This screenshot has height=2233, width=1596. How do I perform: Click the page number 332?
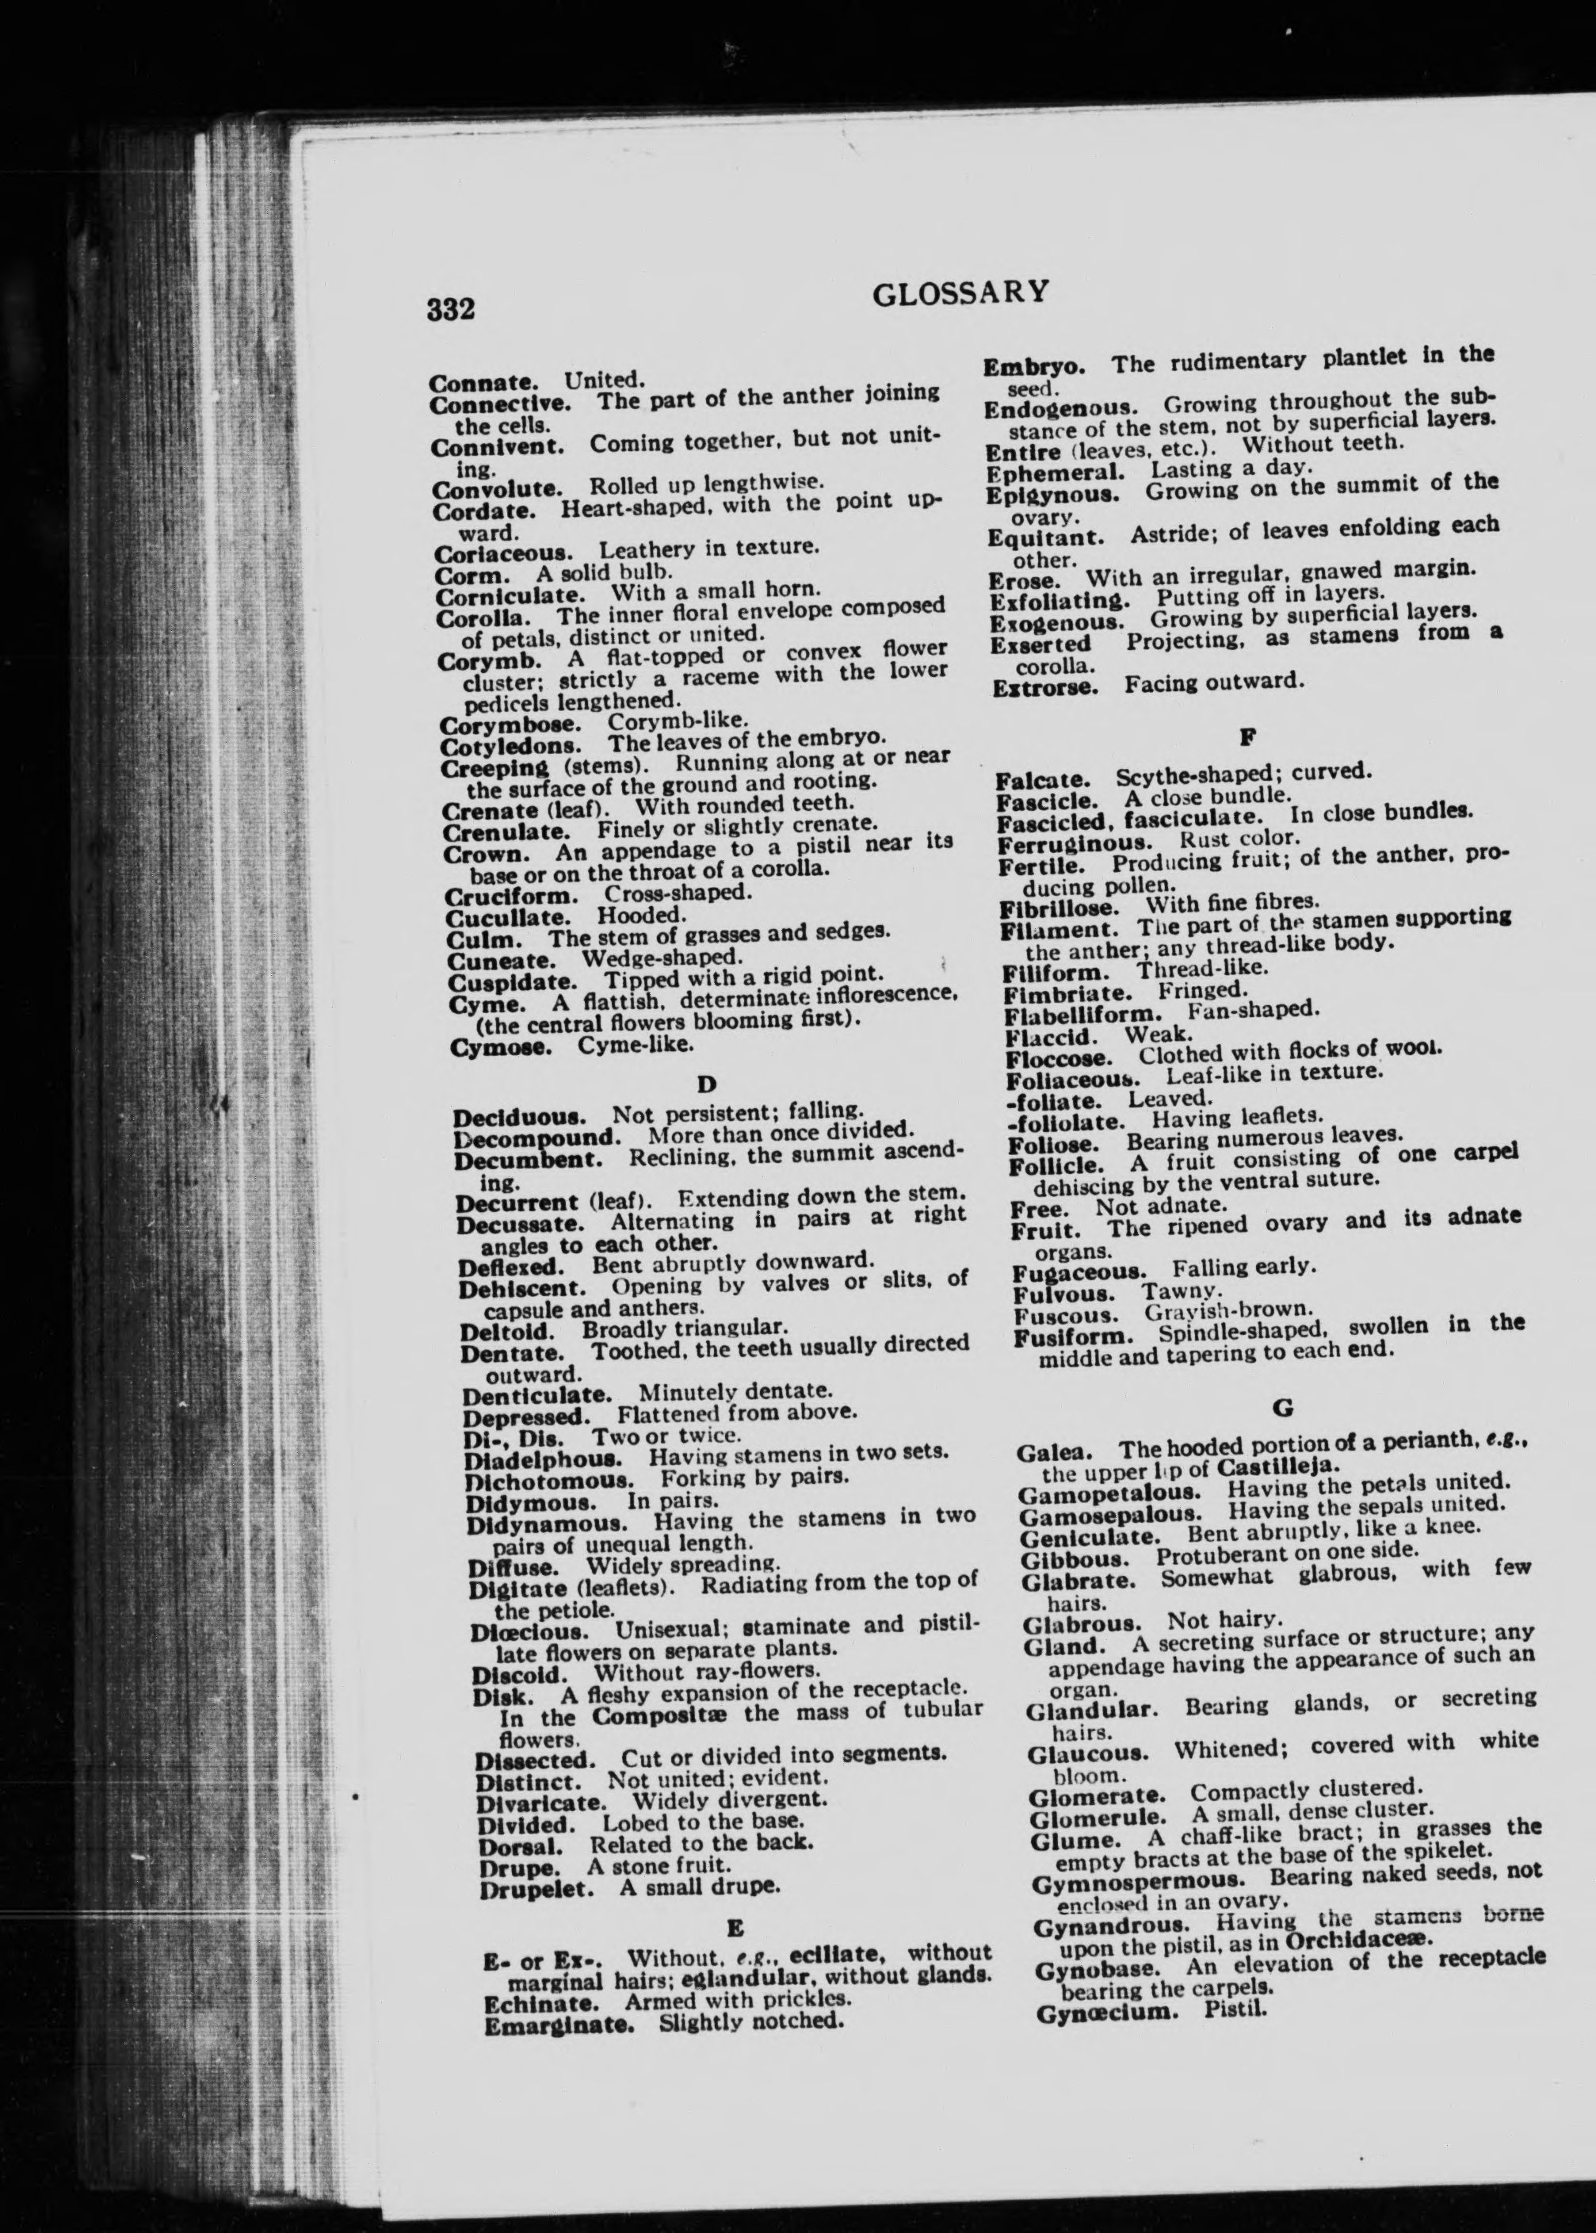point(451,310)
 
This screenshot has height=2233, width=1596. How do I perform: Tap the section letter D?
point(704,1084)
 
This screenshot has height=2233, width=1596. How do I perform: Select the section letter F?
point(1250,735)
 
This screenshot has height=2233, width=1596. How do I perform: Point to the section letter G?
point(1281,1409)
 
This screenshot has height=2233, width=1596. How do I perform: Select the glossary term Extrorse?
point(1044,688)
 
